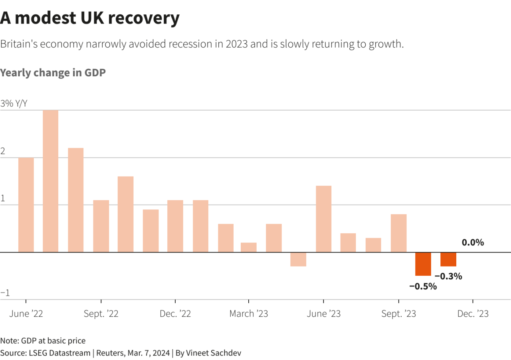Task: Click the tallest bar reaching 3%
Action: pos(51,181)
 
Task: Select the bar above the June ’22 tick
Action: pos(26,205)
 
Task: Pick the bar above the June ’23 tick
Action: pos(323,219)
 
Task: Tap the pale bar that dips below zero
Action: pos(298,259)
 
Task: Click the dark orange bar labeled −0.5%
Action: pos(423,264)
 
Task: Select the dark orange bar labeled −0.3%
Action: pos(448,259)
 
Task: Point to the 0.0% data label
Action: pos(473,243)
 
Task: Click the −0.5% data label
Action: pos(423,286)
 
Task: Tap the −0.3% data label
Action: pos(448,276)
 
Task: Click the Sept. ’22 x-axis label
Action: pos(101,314)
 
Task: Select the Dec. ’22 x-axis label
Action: pos(175,314)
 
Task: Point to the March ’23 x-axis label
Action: pos(249,314)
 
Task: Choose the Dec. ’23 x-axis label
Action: pos(473,314)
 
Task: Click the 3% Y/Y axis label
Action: pos(14,103)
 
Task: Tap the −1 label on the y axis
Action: pos(5,293)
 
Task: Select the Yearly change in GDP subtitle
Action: pos(53,73)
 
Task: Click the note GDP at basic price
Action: pos(43,341)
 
